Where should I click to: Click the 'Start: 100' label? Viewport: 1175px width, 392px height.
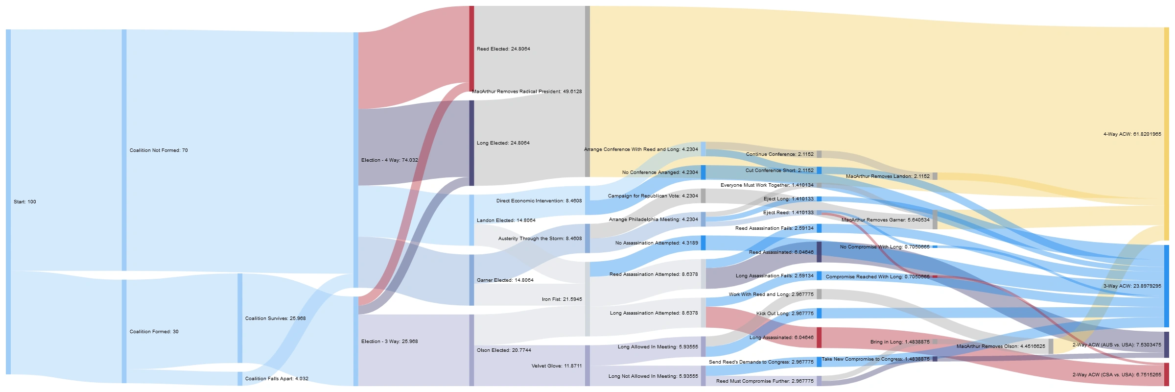click(25, 202)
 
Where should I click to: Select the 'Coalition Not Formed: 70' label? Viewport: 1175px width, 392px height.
click(159, 150)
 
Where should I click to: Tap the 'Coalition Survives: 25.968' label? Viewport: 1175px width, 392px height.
click(275, 318)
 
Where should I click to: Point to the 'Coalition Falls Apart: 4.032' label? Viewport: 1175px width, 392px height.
click(277, 379)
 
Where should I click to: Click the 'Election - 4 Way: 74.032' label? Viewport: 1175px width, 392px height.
click(389, 160)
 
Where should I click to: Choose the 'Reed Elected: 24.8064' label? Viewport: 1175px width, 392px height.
click(503, 49)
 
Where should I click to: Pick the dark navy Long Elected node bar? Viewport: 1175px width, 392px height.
click(471, 143)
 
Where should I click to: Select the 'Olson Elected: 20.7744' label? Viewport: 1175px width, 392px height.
click(504, 350)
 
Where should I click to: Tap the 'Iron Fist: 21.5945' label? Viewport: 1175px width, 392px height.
click(562, 299)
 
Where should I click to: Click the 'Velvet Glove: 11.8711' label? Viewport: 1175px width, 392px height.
click(557, 366)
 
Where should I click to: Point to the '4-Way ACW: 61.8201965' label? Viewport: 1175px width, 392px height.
click(1132, 134)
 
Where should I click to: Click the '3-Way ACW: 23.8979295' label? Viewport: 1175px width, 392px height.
click(1132, 286)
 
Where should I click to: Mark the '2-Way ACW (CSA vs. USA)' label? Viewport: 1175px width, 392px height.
click(1116, 375)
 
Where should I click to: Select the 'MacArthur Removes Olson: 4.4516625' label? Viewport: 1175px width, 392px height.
click(1001, 346)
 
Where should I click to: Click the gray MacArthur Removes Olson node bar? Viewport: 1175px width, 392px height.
click(1051, 346)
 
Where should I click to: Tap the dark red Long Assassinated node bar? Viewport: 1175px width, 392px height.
click(819, 338)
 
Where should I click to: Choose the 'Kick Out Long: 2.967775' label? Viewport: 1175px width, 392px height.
click(785, 314)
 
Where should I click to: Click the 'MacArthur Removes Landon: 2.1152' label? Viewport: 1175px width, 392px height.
click(888, 176)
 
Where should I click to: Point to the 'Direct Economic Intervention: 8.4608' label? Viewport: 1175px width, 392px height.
click(539, 201)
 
